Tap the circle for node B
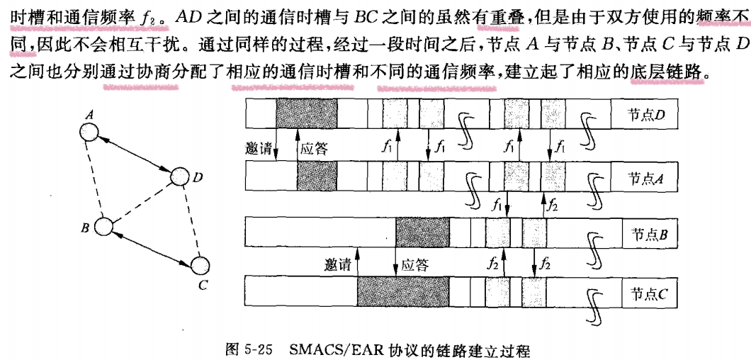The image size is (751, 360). [104, 227]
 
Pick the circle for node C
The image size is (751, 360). [201, 265]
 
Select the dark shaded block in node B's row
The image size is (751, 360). [422, 231]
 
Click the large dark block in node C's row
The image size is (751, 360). [403, 291]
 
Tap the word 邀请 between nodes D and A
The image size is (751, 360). [258, 149]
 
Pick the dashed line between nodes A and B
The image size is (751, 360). [96, 179]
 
